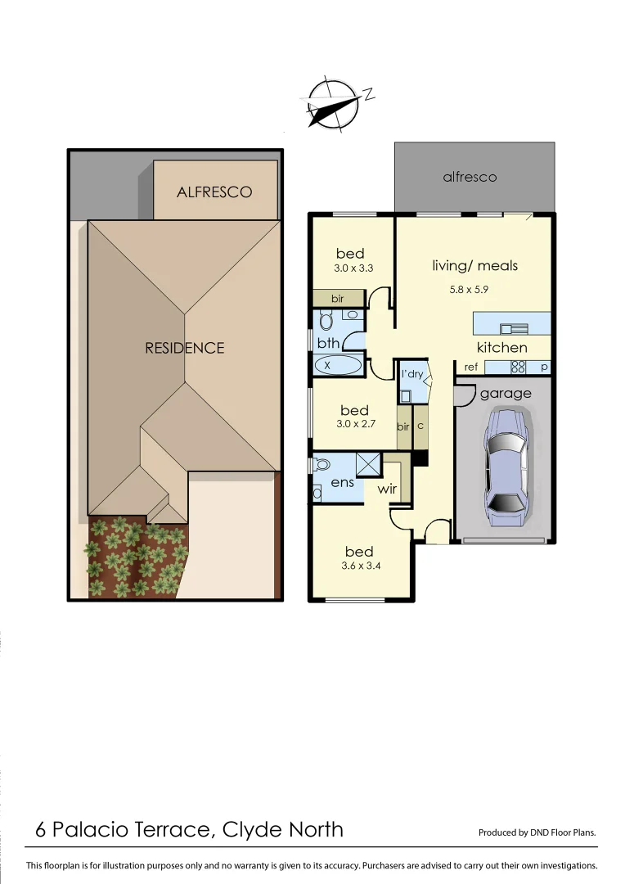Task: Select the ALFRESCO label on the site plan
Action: [214, 192]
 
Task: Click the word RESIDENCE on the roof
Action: [184, 348]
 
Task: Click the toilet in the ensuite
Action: [321, 465]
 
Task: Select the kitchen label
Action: [502, 348]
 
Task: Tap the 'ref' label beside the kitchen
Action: [470, 368]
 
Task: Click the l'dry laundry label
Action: [411, 374]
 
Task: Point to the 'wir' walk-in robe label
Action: [387, 489]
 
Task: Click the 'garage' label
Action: [506, 394]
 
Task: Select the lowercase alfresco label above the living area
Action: [470, 177]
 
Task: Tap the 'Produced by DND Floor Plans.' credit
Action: [537, 832]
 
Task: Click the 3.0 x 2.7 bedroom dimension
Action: [354, 424]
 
